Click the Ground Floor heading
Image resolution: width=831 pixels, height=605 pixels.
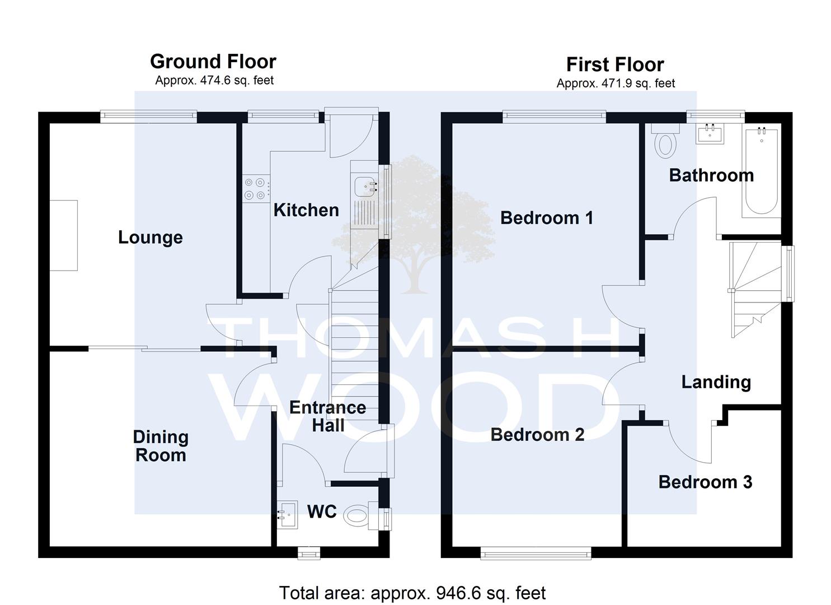point(213,62)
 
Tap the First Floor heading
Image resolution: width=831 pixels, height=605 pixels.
point(615,64)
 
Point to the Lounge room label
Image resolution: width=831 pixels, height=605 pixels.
point(150,238)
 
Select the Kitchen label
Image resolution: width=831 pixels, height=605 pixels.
point(306,210)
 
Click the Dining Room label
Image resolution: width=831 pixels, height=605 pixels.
point(161,446)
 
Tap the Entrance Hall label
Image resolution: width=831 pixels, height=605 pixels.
point(327,416)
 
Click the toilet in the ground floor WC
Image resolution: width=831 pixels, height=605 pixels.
point(361,516)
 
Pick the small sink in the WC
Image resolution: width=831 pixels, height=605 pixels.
point(287,514)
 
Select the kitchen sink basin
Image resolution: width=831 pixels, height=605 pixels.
point(365,187)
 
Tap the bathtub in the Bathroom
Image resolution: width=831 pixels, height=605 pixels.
point(761,171)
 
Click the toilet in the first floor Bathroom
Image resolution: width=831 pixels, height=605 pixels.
point(665,141)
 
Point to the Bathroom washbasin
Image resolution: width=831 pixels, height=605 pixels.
point(710,134)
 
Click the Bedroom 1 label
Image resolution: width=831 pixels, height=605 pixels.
point(547,218)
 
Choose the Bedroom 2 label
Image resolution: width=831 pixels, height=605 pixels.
point(537,435)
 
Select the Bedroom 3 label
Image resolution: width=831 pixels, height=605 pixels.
point(705,482)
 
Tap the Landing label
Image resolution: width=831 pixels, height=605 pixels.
point(716,383)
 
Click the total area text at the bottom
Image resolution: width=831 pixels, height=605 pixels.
point(412,593)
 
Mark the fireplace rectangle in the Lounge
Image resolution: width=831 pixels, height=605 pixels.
point(64,235)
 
